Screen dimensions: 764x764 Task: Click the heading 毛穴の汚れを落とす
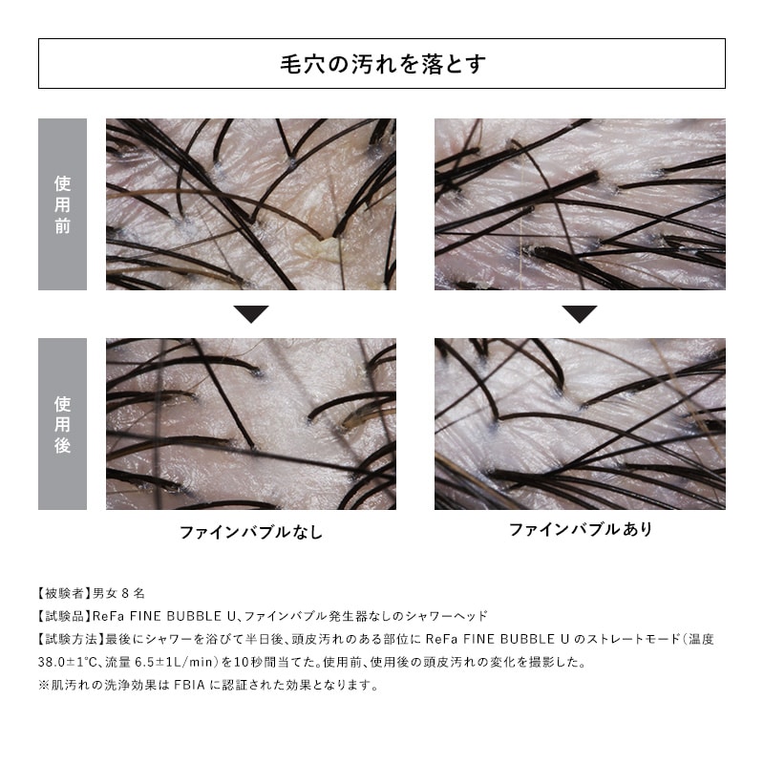pos(382,64)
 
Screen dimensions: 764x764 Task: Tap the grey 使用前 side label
pos(62,203)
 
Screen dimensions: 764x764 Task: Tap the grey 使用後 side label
pos(62,423)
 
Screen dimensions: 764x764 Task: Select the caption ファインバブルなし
pos(251,532)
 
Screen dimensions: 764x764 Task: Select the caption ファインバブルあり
pos(580,529)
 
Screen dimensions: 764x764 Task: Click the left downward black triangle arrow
pos(251,314)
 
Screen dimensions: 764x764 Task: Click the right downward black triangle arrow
pos(580,314)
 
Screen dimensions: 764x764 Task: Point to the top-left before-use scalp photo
pos(251,203)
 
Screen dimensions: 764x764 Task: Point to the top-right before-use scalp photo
pos(580,203)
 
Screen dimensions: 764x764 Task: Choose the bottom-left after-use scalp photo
pos(251,423)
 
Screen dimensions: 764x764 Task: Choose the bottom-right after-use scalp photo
pos(580,423)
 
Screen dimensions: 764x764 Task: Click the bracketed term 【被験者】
pos(61,593)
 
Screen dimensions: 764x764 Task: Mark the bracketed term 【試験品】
pos(61,616)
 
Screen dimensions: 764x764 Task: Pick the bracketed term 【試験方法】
pos(67,639)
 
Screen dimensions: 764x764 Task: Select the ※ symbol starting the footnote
pos(44,685)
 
